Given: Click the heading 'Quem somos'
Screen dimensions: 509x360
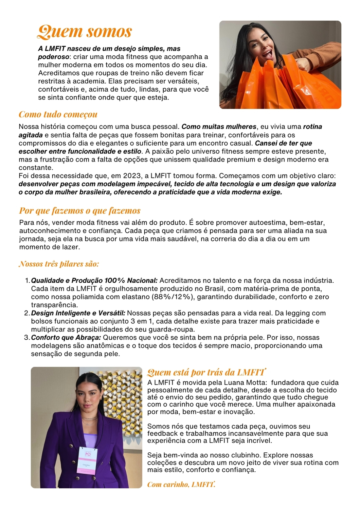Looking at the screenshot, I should click(85, 32).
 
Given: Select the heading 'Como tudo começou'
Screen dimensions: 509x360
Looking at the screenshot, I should click(58, 114).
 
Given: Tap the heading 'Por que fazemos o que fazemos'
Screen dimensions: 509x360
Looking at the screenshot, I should click(80, 211).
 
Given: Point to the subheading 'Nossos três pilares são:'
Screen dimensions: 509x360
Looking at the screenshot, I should click(59, 264).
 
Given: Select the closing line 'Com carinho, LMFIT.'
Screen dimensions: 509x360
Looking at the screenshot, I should click(181, 484).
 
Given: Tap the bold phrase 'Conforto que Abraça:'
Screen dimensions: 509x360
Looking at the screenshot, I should click(66, 338).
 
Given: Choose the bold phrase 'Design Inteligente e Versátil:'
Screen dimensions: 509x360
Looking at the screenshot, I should click(78, 313).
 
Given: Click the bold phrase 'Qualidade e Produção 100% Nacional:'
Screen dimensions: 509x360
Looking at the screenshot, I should click(94, 281).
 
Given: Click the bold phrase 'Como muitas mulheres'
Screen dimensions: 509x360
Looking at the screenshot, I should click(219, 127).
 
